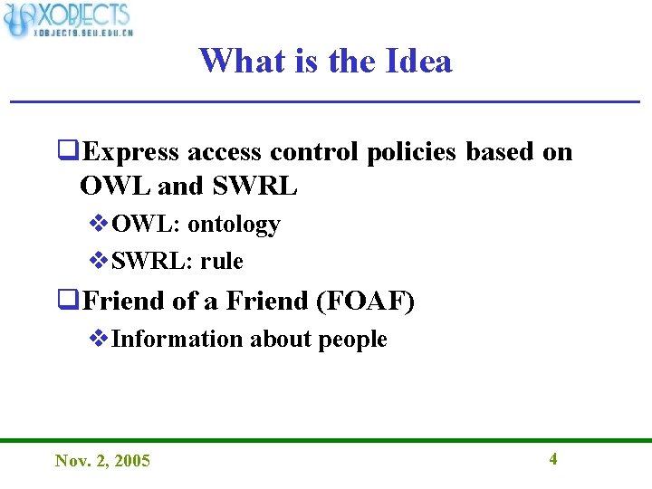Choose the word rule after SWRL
[222, 262]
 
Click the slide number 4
[553, 458]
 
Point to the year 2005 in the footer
[133, 461]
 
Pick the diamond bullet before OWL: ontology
[100, 224]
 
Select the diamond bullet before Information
[100, 340]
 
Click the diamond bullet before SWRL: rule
[100, 262]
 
